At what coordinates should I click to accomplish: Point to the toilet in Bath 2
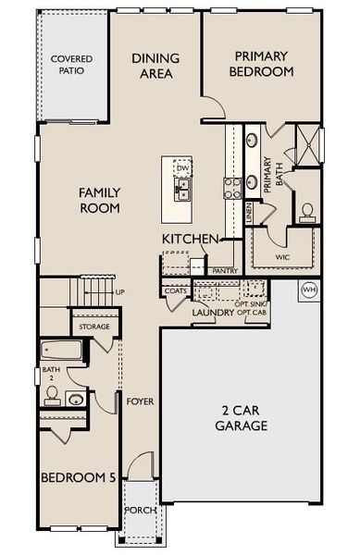53,397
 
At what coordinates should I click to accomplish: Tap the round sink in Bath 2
75,399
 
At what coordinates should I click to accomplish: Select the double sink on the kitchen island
183,190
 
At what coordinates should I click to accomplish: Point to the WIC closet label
283,257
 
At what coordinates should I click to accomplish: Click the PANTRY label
225,270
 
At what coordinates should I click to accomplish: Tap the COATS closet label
175,290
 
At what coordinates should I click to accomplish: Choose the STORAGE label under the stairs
93,327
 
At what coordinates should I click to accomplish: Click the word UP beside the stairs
119,292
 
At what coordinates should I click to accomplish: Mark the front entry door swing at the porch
141,470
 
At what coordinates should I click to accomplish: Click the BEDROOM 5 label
77,477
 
